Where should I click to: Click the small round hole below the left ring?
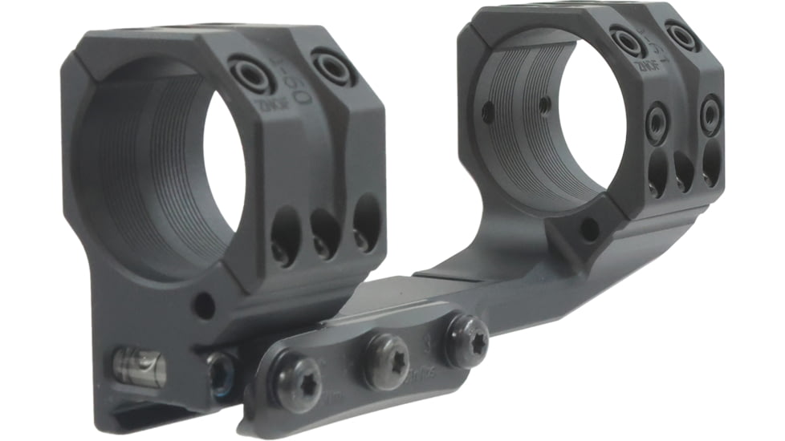205,305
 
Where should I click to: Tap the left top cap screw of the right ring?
628,40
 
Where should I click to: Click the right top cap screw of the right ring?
682,35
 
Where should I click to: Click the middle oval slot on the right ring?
683,170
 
